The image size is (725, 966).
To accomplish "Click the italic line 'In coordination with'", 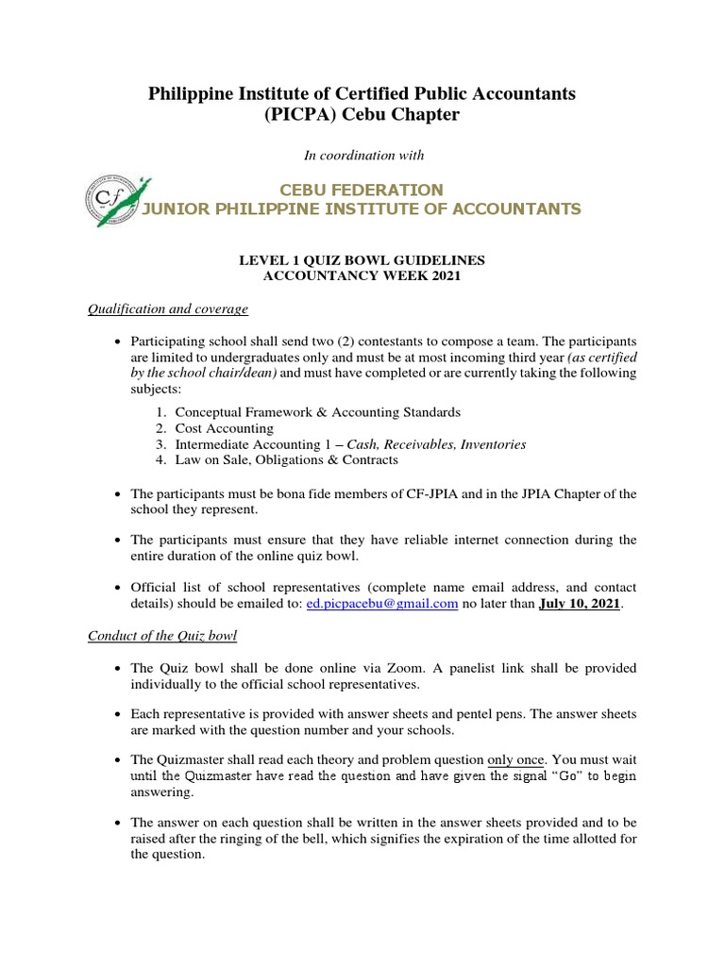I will [x=363, y=155].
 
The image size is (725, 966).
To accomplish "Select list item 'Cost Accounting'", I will [x=224, y=428].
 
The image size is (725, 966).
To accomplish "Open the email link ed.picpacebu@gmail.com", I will [x=382, y=603].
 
